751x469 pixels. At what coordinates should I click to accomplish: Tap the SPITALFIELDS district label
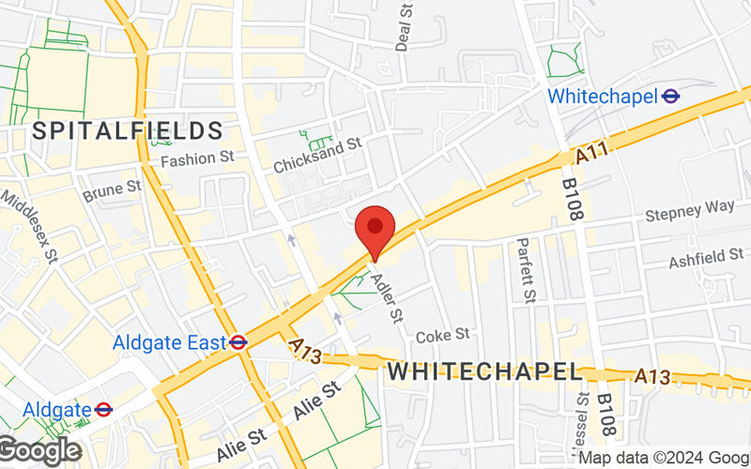click(x=128, y=130)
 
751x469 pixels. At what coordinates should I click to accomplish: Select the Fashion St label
click(x=197, y=159)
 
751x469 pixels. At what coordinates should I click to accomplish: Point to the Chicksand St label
click(x=317, y=156)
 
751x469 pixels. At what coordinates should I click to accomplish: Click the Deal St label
click(x=405, y=26)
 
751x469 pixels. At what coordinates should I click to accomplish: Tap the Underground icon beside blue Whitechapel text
click(x=670, y=96)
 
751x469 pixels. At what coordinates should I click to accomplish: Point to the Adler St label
click(x=387, y=294)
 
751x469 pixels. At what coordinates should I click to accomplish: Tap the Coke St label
click(x=442, y=335)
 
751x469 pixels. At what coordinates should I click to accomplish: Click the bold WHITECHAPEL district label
click(x=484, y=371)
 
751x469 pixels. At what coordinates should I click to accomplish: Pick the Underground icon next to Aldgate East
click(x=238, y=343)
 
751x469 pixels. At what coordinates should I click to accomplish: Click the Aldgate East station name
click(x=170, y=343)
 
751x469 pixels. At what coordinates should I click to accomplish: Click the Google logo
click(x=39, y=451)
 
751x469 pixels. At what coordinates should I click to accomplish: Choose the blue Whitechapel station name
click(x=602, y=96)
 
